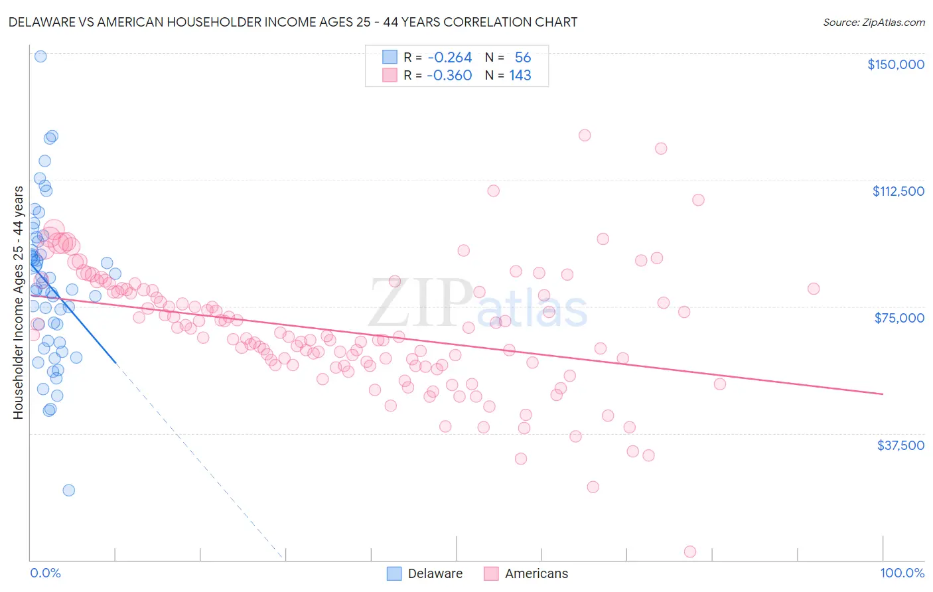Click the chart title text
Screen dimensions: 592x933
pos(293,22)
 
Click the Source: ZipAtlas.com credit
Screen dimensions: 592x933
pos(873,23)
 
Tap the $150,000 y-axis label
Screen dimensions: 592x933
pos(895,64)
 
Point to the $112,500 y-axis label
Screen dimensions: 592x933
pos(898,191)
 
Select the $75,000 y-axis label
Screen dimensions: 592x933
pos(899,318)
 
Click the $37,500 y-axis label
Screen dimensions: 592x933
pos(900,445)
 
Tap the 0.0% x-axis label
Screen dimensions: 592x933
pos(45,573)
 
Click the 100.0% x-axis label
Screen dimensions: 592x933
pos(902,573)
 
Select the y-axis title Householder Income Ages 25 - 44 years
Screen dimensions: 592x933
pos(18,303)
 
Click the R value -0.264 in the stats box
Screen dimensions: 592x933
pos(449,58)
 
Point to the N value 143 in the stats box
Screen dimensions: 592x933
pos(520,75)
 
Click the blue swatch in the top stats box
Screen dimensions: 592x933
pos(390,58)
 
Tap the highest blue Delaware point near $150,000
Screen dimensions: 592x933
pos(40,56)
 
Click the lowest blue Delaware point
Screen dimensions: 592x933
pos(68,490)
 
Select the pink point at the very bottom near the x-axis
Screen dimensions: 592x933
pos(690,552)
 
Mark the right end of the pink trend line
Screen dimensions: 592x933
pos(883,394)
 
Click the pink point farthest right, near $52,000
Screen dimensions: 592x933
pos(720,384)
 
